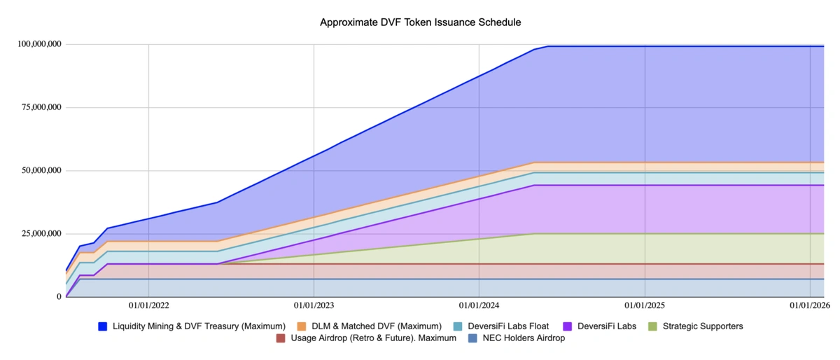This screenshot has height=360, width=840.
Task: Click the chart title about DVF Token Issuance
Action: [420, 22]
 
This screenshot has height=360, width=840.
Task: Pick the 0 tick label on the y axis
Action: [58, 296]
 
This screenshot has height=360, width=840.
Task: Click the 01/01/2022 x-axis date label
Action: [148, 305]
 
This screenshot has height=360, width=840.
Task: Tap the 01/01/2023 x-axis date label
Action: [314, 305]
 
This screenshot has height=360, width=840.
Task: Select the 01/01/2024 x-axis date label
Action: [479, 305]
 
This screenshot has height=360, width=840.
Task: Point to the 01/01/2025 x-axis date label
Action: [644, 305]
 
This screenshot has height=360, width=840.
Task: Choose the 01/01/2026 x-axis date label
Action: [809, 305]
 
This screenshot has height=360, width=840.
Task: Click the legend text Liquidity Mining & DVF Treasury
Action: [199, 326]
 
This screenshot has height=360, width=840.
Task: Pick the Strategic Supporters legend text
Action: [703, 326]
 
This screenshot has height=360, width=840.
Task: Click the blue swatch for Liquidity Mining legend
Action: [103, 326]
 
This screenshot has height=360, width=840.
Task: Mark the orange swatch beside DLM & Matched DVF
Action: [302, 326]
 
